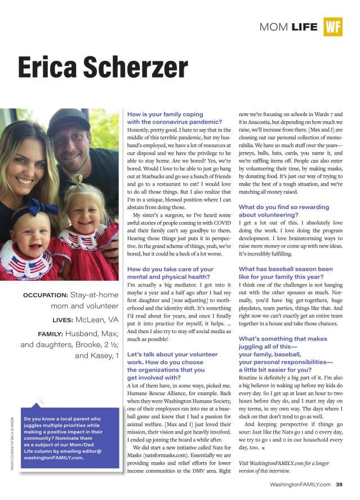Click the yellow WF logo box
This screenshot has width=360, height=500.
(x=333, y=26)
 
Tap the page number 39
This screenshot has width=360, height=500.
(x=339, y=484)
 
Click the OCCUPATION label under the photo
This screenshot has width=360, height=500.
(x=46, y=295)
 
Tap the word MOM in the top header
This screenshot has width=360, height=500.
(x=274, y=26)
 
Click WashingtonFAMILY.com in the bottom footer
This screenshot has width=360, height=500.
(x=300, y=484)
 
